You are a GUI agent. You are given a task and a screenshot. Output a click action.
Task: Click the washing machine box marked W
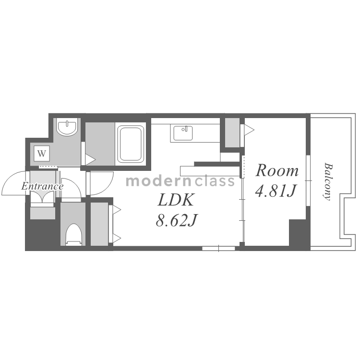42,153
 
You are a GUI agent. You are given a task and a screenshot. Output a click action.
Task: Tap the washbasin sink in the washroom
67,128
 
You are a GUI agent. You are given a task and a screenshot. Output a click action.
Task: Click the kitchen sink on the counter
183,133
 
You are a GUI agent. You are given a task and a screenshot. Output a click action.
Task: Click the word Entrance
42,186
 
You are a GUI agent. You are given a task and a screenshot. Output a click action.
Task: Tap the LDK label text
176,200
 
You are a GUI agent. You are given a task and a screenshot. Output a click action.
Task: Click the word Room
277,170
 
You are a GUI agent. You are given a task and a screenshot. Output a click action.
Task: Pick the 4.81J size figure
275,191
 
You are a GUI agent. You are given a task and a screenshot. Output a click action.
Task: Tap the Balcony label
328,181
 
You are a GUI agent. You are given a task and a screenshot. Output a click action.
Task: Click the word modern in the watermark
158,181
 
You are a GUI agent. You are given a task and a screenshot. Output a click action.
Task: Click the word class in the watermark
215,181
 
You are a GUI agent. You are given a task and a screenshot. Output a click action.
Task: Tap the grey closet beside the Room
232,132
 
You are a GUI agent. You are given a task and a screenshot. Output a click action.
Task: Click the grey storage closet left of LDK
99,224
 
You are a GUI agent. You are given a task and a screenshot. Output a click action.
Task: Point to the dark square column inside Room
298,232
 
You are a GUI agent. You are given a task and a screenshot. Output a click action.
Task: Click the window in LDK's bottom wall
218,249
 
